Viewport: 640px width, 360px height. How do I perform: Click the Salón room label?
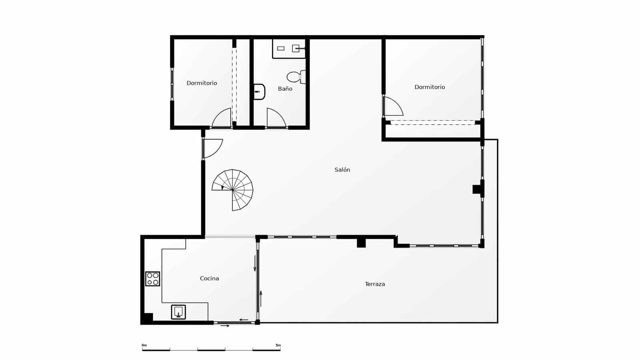pos(342,170)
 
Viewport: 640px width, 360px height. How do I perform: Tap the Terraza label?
pos(375,284)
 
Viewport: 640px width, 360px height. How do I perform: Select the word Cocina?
pos(209,278)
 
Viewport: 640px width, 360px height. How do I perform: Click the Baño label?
pos(285,89)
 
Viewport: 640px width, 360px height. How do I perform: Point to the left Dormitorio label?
pos(202,83)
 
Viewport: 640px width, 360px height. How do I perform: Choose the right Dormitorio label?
pos(430,87)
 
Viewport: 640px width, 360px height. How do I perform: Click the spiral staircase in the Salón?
pos(233,190)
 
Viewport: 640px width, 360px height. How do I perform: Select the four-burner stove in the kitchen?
pos(152,279)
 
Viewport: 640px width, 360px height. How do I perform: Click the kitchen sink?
pos(178,312)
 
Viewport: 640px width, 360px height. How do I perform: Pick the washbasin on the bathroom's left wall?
pos(259,92)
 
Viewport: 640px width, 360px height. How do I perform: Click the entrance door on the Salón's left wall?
pos(212,148)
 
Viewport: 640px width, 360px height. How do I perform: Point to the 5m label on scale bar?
pos(278,345)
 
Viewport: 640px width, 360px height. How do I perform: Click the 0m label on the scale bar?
pos(144,345)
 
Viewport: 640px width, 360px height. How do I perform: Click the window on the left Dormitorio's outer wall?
pos(172,84)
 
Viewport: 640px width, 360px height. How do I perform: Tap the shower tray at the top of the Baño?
pos(289,49)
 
